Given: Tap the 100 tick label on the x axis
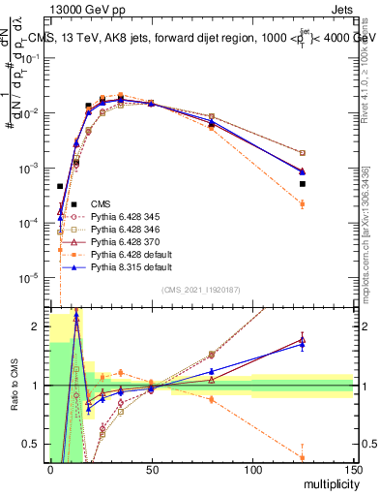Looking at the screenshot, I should [x=252, y=470].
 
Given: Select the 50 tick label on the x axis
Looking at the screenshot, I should [x=151, y=470].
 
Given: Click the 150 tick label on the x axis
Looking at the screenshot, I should [x=353, y=470].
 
